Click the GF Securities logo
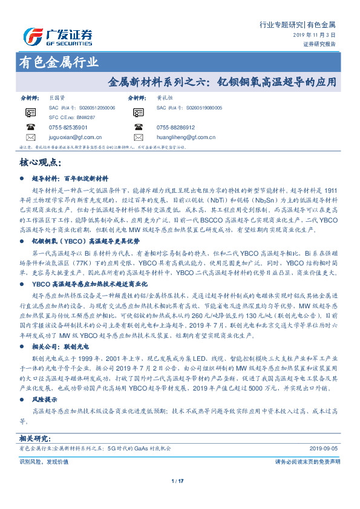click(57, 36)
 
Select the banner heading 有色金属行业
click(58, 62)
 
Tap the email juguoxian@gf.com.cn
click(75, 137)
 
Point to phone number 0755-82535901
click(68, 128)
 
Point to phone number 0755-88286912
click(175, 128)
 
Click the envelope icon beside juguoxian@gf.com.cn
click(31, 137)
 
